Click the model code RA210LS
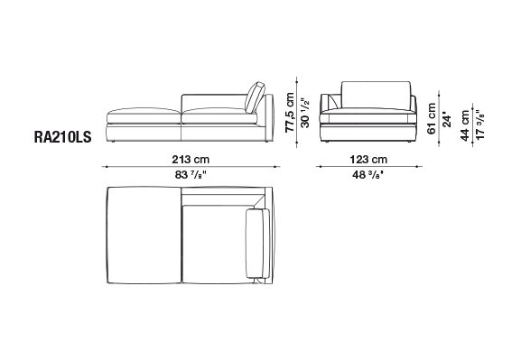coord(62,137)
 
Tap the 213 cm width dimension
coord(191,160)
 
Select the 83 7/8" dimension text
coord(191,175)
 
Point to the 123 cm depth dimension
coord(368,160)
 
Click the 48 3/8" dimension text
coord(368,175)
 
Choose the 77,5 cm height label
coord(290,112)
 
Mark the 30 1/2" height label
coord(304,113)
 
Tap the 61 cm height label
coord(432,118)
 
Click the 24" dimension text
coord(447,121)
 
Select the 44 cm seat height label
coord(465,125)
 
